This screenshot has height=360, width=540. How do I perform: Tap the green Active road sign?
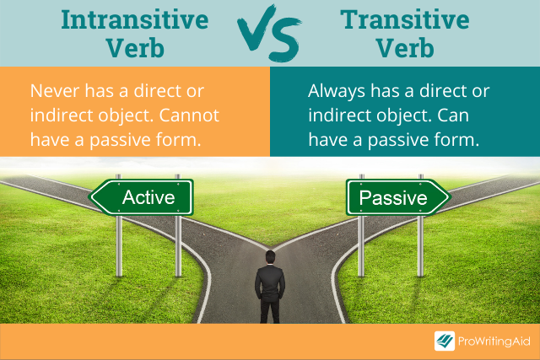point(143,197)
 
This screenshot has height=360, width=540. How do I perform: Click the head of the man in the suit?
point(270,257)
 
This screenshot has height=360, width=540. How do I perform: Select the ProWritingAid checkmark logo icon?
point(445,341)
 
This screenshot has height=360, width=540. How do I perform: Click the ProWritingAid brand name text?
point(494,341)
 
